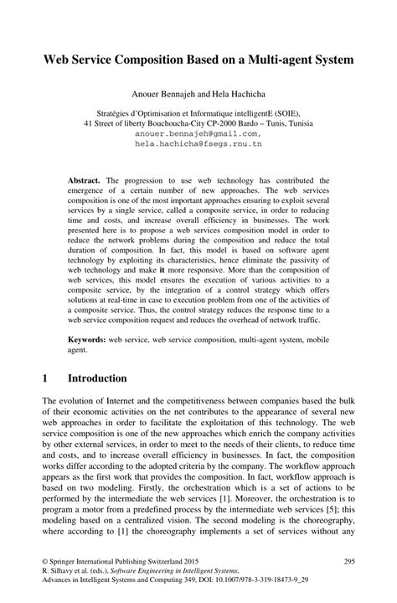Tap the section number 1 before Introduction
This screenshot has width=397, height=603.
44,378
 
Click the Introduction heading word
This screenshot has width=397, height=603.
98,378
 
